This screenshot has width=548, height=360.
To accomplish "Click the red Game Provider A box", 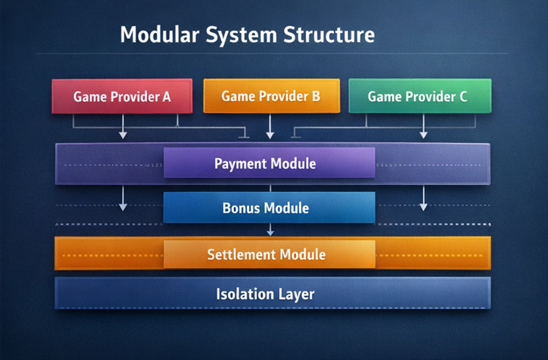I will point(122,97).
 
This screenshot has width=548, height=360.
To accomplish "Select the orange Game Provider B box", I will point(271,96).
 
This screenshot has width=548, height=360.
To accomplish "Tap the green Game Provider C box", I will point(420,97).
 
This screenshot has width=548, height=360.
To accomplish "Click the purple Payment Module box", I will point(269,163).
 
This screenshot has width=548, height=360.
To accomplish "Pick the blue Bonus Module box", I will point(269,209).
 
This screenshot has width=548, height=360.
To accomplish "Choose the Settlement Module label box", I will point(269,254).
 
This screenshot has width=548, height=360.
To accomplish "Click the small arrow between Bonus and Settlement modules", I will point(270,230).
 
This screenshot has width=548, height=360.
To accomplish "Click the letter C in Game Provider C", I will point(463,97).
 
